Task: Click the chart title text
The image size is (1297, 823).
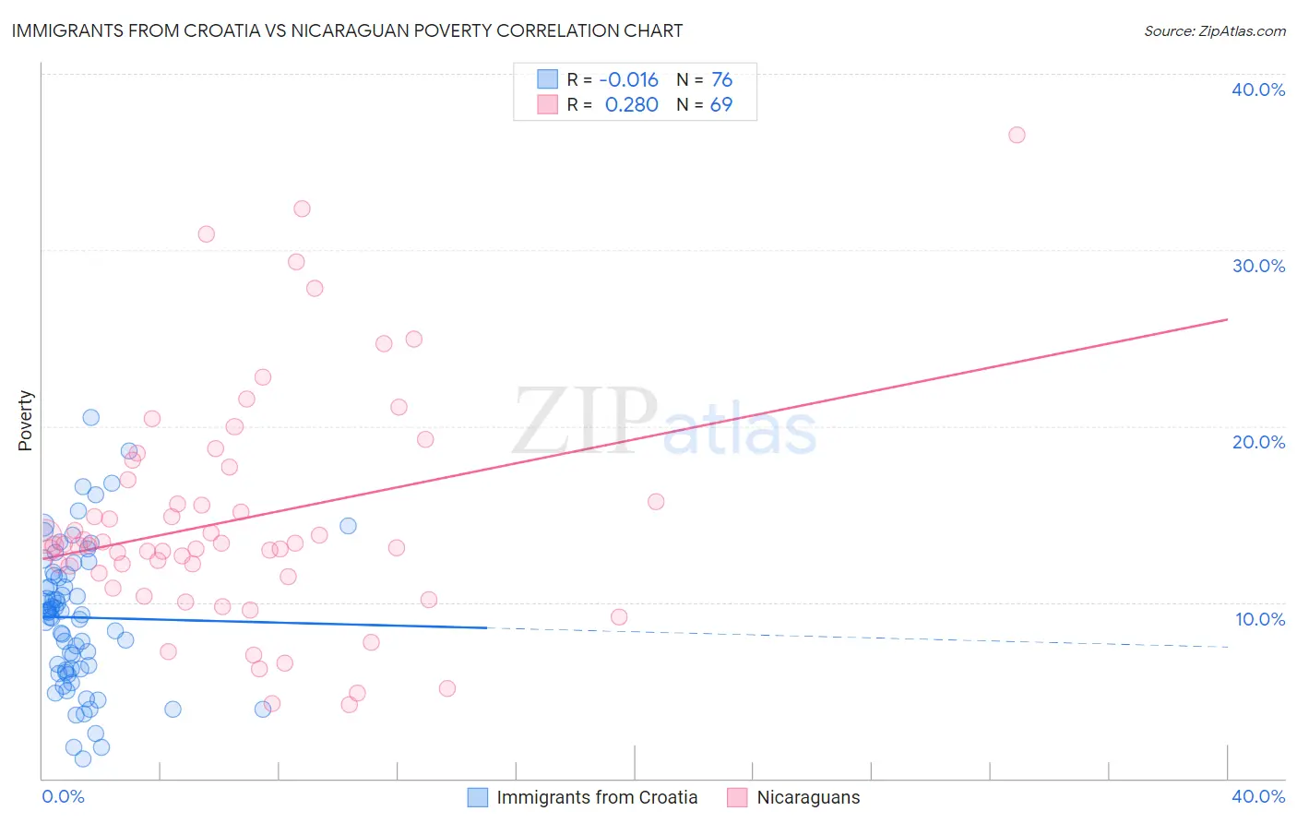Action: click(347, 31)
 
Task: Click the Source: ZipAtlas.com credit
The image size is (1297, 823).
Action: click(1214, 31)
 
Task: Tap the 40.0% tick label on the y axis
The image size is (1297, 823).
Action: click(1258, 89)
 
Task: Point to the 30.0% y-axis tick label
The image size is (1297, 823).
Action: click(1258, 266)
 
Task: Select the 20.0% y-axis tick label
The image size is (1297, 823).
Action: click(1258, 442)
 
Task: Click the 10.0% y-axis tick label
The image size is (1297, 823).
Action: click(1260, 619)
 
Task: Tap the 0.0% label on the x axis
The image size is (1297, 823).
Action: click(63, 796)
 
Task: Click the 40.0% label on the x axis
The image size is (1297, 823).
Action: click(1258, 796)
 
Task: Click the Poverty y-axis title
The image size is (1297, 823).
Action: click(25, 421)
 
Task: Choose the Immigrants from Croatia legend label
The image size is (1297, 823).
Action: click(597, 797)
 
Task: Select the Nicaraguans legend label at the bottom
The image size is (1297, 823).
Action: click(808, 797)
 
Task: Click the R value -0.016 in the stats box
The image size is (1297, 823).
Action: click(629, 80)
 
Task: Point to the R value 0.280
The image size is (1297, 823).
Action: click(631, 105)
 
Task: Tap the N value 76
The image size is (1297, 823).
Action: click(721, 80)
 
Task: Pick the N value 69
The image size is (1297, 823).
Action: click(720, 105)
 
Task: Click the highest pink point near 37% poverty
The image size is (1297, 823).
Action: click(1017, 135)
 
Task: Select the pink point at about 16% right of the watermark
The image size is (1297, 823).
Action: click(656, 502)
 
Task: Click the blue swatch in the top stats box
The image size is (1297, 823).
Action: click(548, 79)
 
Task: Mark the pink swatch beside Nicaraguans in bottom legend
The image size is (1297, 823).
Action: click(737, 797)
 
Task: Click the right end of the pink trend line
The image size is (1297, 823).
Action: click(1227, 319)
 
